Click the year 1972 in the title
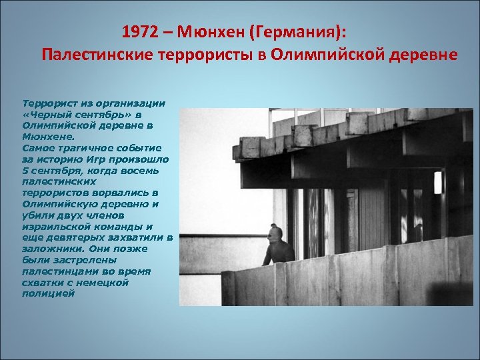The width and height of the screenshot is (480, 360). click(140, 32)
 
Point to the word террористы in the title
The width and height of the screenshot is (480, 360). click(207, 54)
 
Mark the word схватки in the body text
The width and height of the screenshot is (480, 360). click(41, 283)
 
